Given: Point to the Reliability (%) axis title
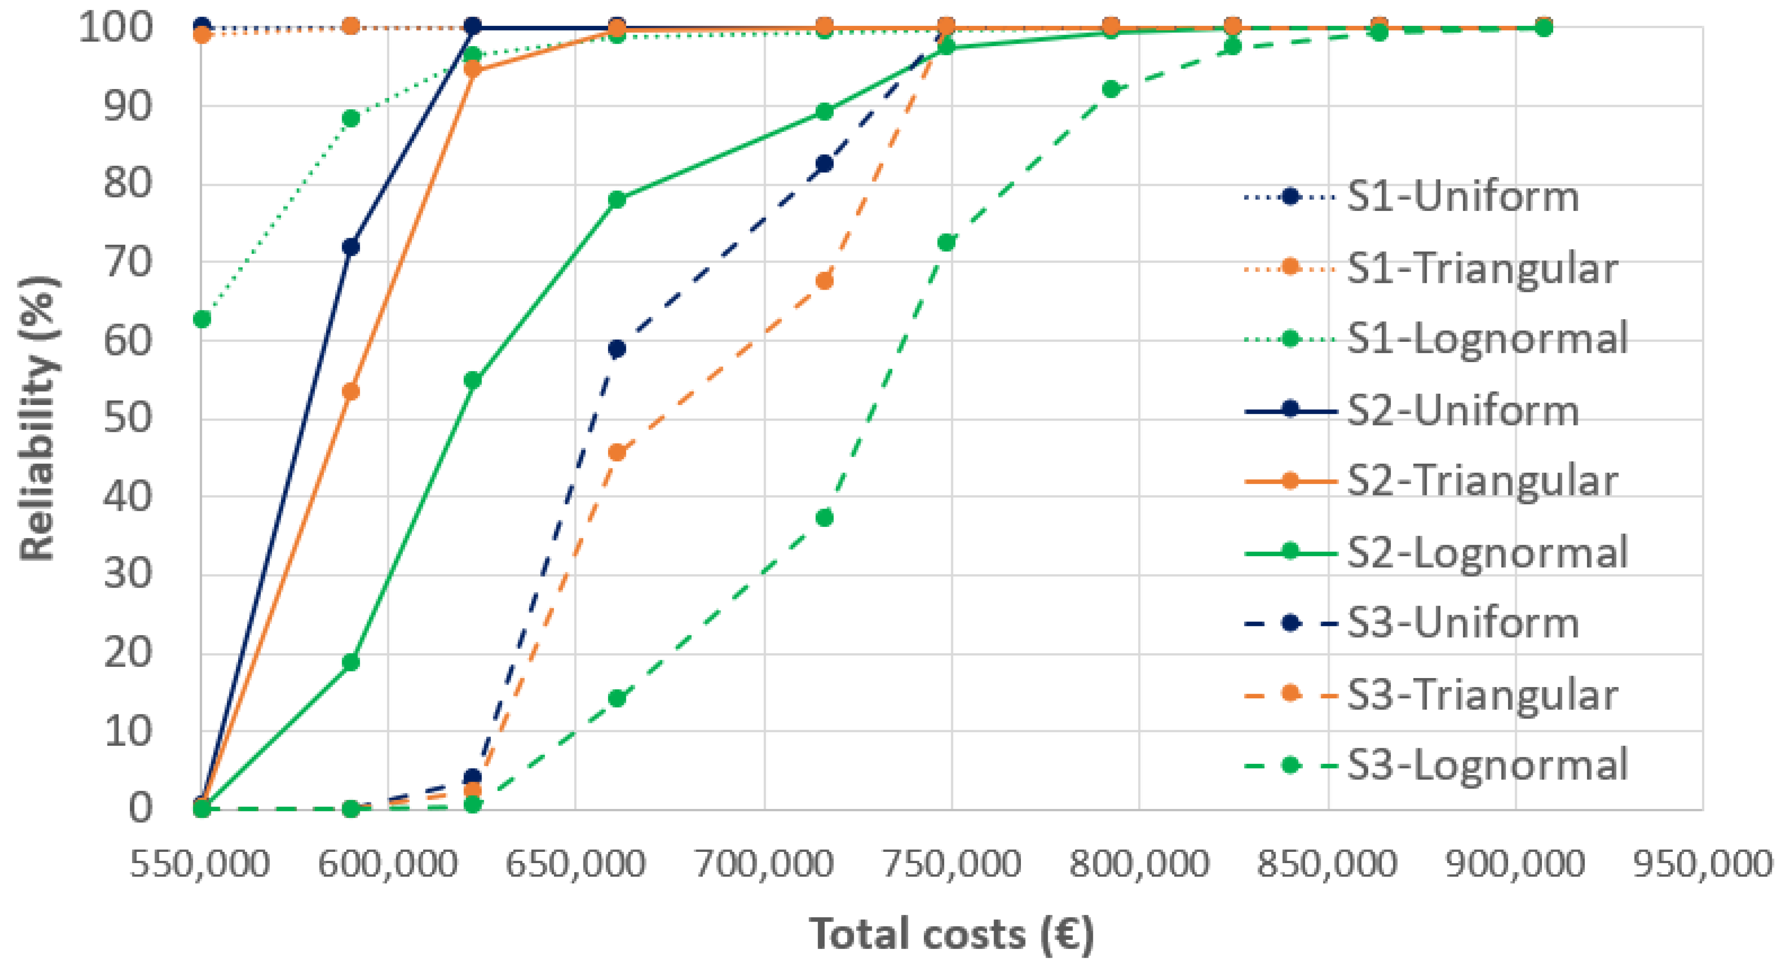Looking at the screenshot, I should click(38, 419).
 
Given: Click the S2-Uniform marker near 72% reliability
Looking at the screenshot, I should click(351, 247).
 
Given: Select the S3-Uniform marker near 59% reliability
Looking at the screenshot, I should click(617, 348).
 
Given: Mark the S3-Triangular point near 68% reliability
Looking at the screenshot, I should click(825, 281).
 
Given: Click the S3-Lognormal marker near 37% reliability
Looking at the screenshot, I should click(825, 518).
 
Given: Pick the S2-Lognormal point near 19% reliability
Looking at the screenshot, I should click(351, 663).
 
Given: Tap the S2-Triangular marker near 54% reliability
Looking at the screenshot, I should click(351, 391).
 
